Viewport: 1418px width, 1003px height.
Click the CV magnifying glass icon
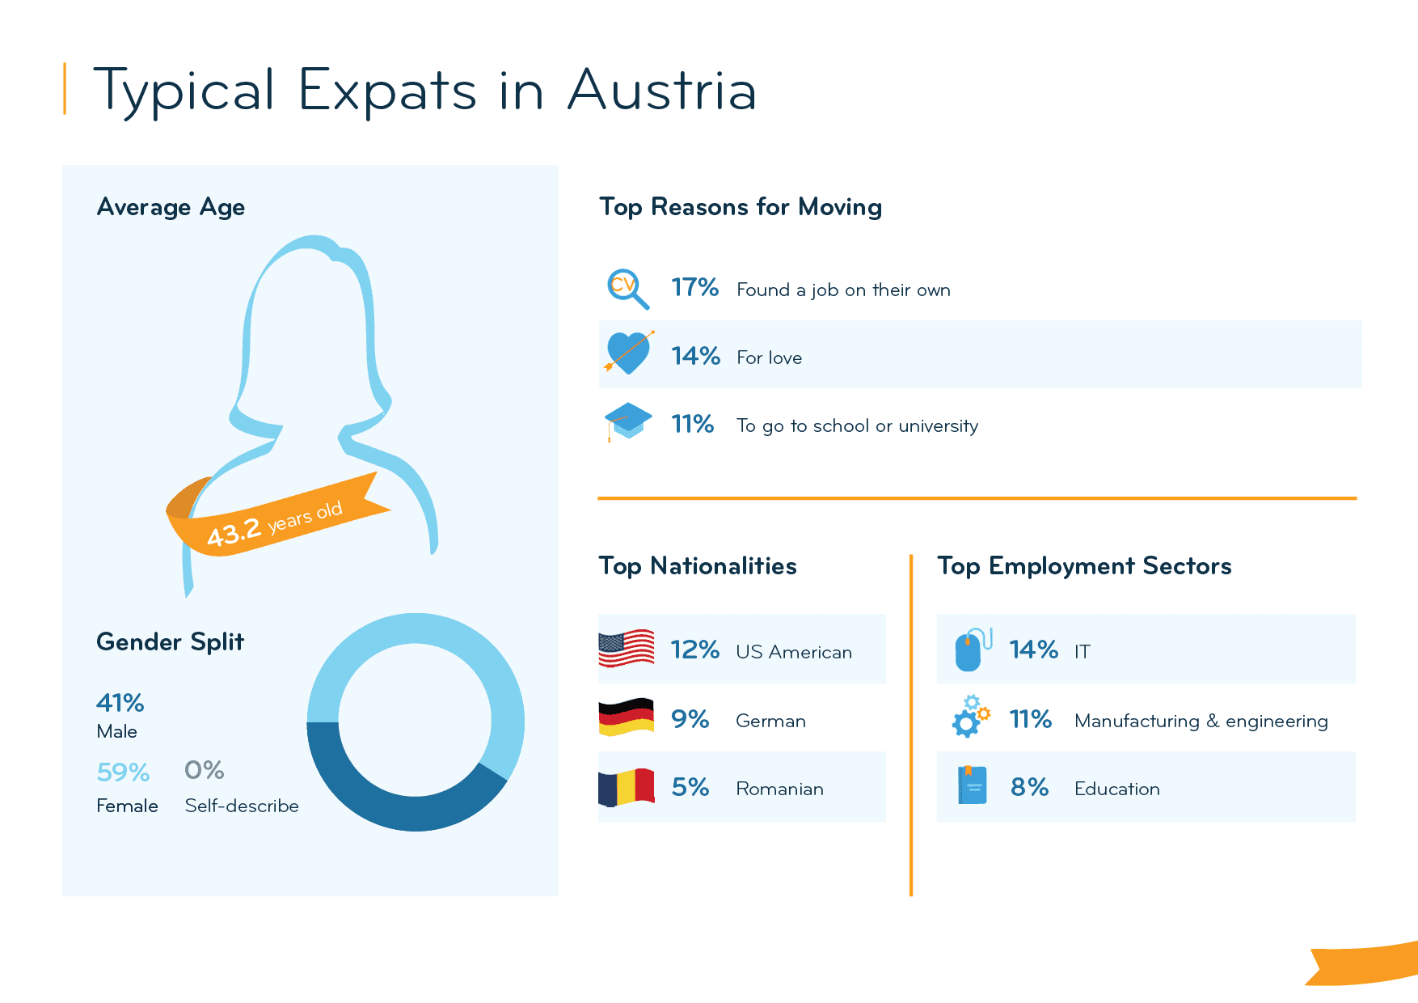pyautogui.click(x=627, y=288)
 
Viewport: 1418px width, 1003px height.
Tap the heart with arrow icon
pyautogui.click(x=628, y=353)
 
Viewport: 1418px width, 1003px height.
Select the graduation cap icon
pyautogui.click(x=628, y=421)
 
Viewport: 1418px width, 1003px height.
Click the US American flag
pyautogui.click(x=627, y=649)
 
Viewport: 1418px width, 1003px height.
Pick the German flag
pyautogui.click(x=627, y=717)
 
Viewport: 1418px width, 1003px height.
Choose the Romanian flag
pyautogui.click(x=627, y=787)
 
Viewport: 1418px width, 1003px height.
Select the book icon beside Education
pyautogui.click(x=972, y=785)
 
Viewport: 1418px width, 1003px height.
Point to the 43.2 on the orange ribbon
pyautogui.click(x=234, y=532)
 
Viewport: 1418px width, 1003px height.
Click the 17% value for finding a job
pyautogui.click(x=694, y=288)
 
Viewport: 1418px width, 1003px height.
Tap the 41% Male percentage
pyautogui.click(x=120, y=703)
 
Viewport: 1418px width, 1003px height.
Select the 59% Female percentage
pyautogui.click(x=123, y=772)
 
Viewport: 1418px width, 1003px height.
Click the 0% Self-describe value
pyautogui.click(x=204, y=770)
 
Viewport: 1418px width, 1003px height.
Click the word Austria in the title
pyautogui.click(x=661, y=91)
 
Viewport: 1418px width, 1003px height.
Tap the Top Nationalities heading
pyautogui.click(x=697, y=566)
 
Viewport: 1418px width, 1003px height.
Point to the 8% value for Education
pyautogui.click(x=1029, y=787)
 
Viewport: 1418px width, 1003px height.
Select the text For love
pyautogui.click(x=769, y=358)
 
